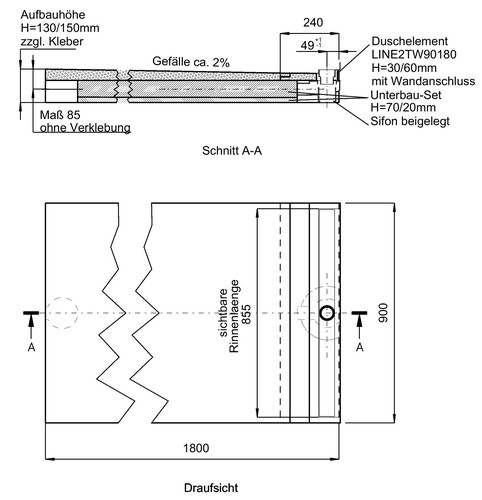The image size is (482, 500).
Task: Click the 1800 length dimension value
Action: point(196,448)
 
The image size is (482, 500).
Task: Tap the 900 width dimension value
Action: point(383,313)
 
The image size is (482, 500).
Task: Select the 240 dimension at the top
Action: point(313,22)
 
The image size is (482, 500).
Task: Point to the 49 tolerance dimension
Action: point(311,44)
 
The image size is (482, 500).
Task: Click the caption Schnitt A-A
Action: point(232,151)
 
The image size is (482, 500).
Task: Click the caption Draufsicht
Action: point(211,488)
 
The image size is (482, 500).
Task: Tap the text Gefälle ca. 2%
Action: point(191,62)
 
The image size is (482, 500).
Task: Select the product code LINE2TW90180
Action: point(414,54)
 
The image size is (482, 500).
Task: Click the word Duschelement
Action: point(410,41)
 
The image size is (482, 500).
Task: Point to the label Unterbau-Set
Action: point(406,95)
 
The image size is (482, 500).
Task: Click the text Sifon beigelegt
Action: point(410,121)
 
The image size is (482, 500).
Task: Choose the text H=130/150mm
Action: point(60,28)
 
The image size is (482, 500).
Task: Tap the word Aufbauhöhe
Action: point(53,15)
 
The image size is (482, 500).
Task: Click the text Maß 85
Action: point(60,115)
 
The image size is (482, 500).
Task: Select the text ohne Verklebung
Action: point(85,128)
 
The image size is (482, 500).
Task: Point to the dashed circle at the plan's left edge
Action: point(62,297)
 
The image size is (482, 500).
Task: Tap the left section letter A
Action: point(31,347)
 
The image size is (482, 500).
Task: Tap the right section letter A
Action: point(359,347)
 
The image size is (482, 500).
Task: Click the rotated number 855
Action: point(246,314)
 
